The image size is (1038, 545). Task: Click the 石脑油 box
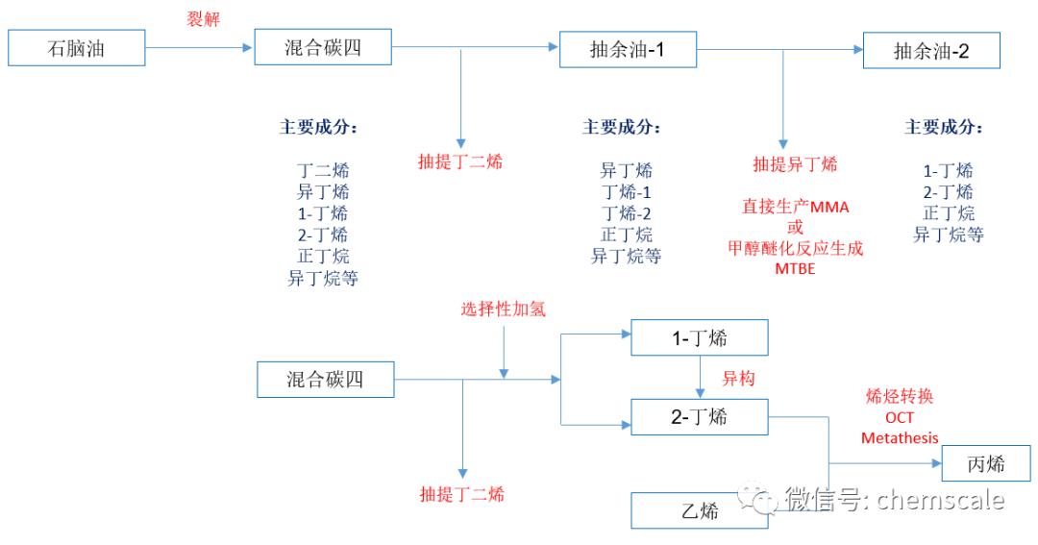pyautogui.click(x=77, y=48)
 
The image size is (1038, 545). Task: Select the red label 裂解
pyautogui.click(x=203, y=19)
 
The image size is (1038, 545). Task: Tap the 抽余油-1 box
pyautogui.click(x=628, y=49)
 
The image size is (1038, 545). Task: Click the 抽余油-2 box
pyautogui.click(x=931, y=51)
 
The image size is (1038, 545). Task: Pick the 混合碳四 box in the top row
pyautogui.click(x=324, y=47)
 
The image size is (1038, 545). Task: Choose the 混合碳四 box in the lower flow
pyautogui.click(x=325, y=379)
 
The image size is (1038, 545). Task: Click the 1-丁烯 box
pyautogui.click(x=699, y=338)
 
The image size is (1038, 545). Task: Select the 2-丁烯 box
pyautogui.click(x=699, y=416)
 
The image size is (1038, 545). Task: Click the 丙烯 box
pyautogui.click(x=985, y=464)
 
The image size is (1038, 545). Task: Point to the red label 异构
pyautogui.click(x=738, y=379)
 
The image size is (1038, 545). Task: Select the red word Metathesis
pyautogui.click(x=900, y=438)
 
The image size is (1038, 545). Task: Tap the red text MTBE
pyautogui.click(x=795, y=268)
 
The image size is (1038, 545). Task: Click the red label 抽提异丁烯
pyautogui.click(x=795, y=163)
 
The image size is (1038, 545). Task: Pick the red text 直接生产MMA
pyautogui.click(x=795, y=207)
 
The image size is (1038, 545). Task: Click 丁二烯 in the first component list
pyautogui.click(x=323, y=170)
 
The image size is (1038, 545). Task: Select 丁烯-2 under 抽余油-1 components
pyautogui.click(x=626, y=213)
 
